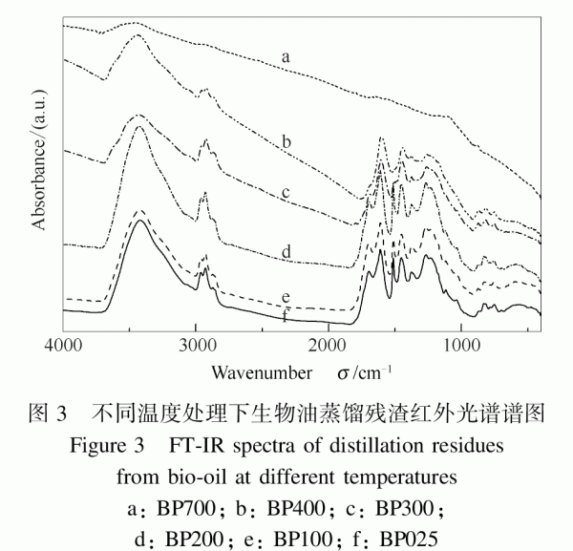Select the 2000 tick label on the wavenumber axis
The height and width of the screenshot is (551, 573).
(329, 345)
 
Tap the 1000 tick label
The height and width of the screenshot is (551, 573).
(462, 345)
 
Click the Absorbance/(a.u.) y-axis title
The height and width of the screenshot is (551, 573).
(40, 163)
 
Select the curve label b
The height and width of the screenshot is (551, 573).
(285, 143)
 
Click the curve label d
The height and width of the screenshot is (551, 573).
(285, 252)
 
